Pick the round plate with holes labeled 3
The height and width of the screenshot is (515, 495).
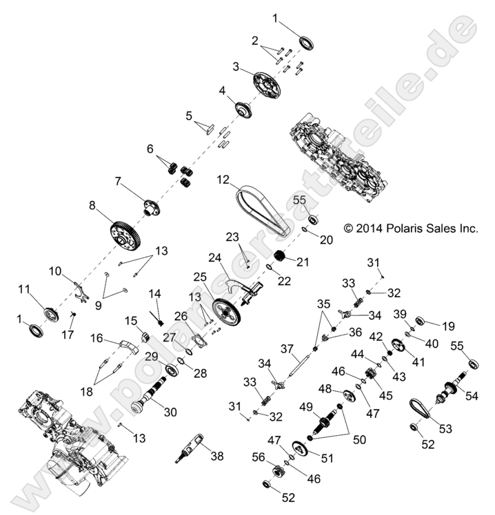tap(267, 85)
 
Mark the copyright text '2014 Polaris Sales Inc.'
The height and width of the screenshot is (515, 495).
tap(411, 228)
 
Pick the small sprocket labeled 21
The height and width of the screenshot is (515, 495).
tap(280, 260)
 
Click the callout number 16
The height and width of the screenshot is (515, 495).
tap(96, 338)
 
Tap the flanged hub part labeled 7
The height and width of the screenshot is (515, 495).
tap(149, 206)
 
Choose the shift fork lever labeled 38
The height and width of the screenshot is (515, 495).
tap(191, 446)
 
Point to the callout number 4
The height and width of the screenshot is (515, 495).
tap(222, 90)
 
